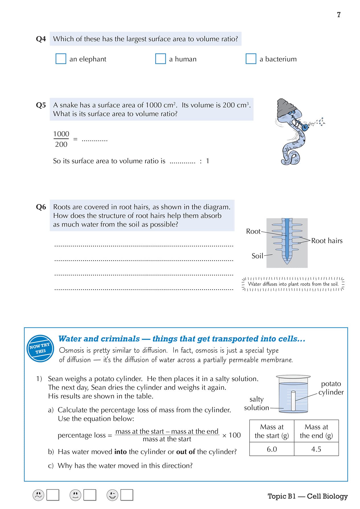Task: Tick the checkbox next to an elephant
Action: [x=61, y=59]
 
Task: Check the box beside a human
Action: [x=160, y=59]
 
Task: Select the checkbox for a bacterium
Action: [x=251, y=59]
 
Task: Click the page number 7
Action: [x=339, y=15]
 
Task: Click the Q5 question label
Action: [x=41, y=105]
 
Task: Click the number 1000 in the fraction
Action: [x=61, y=134]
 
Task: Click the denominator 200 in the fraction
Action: [x=61, y=144]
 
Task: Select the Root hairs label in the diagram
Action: [x=327, y=241]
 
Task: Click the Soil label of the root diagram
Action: [x=257, y=256]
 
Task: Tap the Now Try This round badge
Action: [x=40, y=348]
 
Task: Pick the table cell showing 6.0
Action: [x=272, y=449]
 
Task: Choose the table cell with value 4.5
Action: [x=316, y=449]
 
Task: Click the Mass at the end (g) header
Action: [x=316, y=431]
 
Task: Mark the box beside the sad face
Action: [x=53, y=495]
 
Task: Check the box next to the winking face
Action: [x=127, y=495]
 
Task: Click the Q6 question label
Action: [x=41, y=207]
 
